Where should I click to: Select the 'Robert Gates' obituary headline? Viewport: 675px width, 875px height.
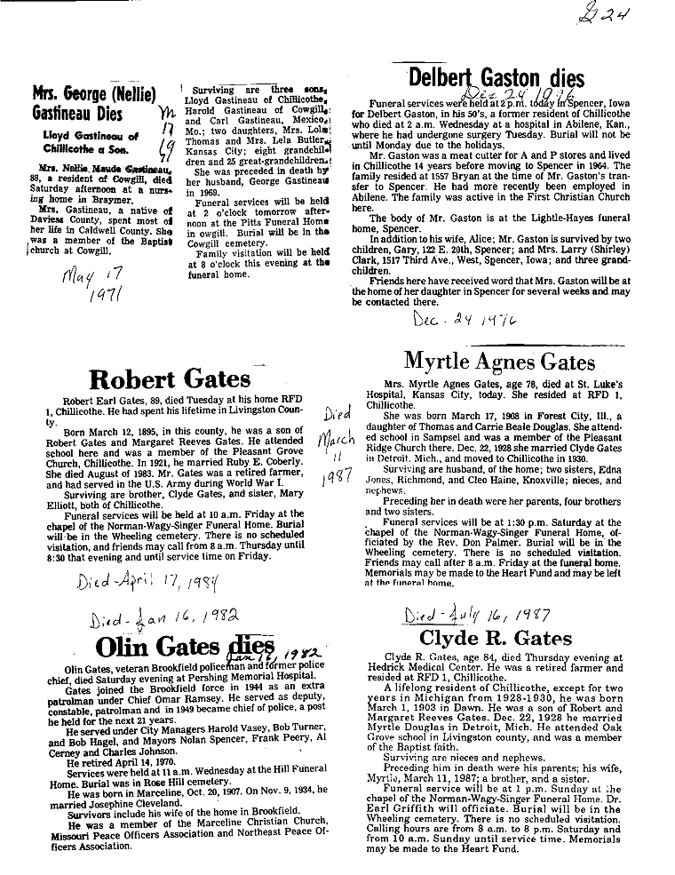(170, 379)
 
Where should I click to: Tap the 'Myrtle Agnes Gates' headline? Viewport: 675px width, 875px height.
(499, 362)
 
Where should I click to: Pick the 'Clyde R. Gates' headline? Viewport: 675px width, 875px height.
(496, 638)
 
